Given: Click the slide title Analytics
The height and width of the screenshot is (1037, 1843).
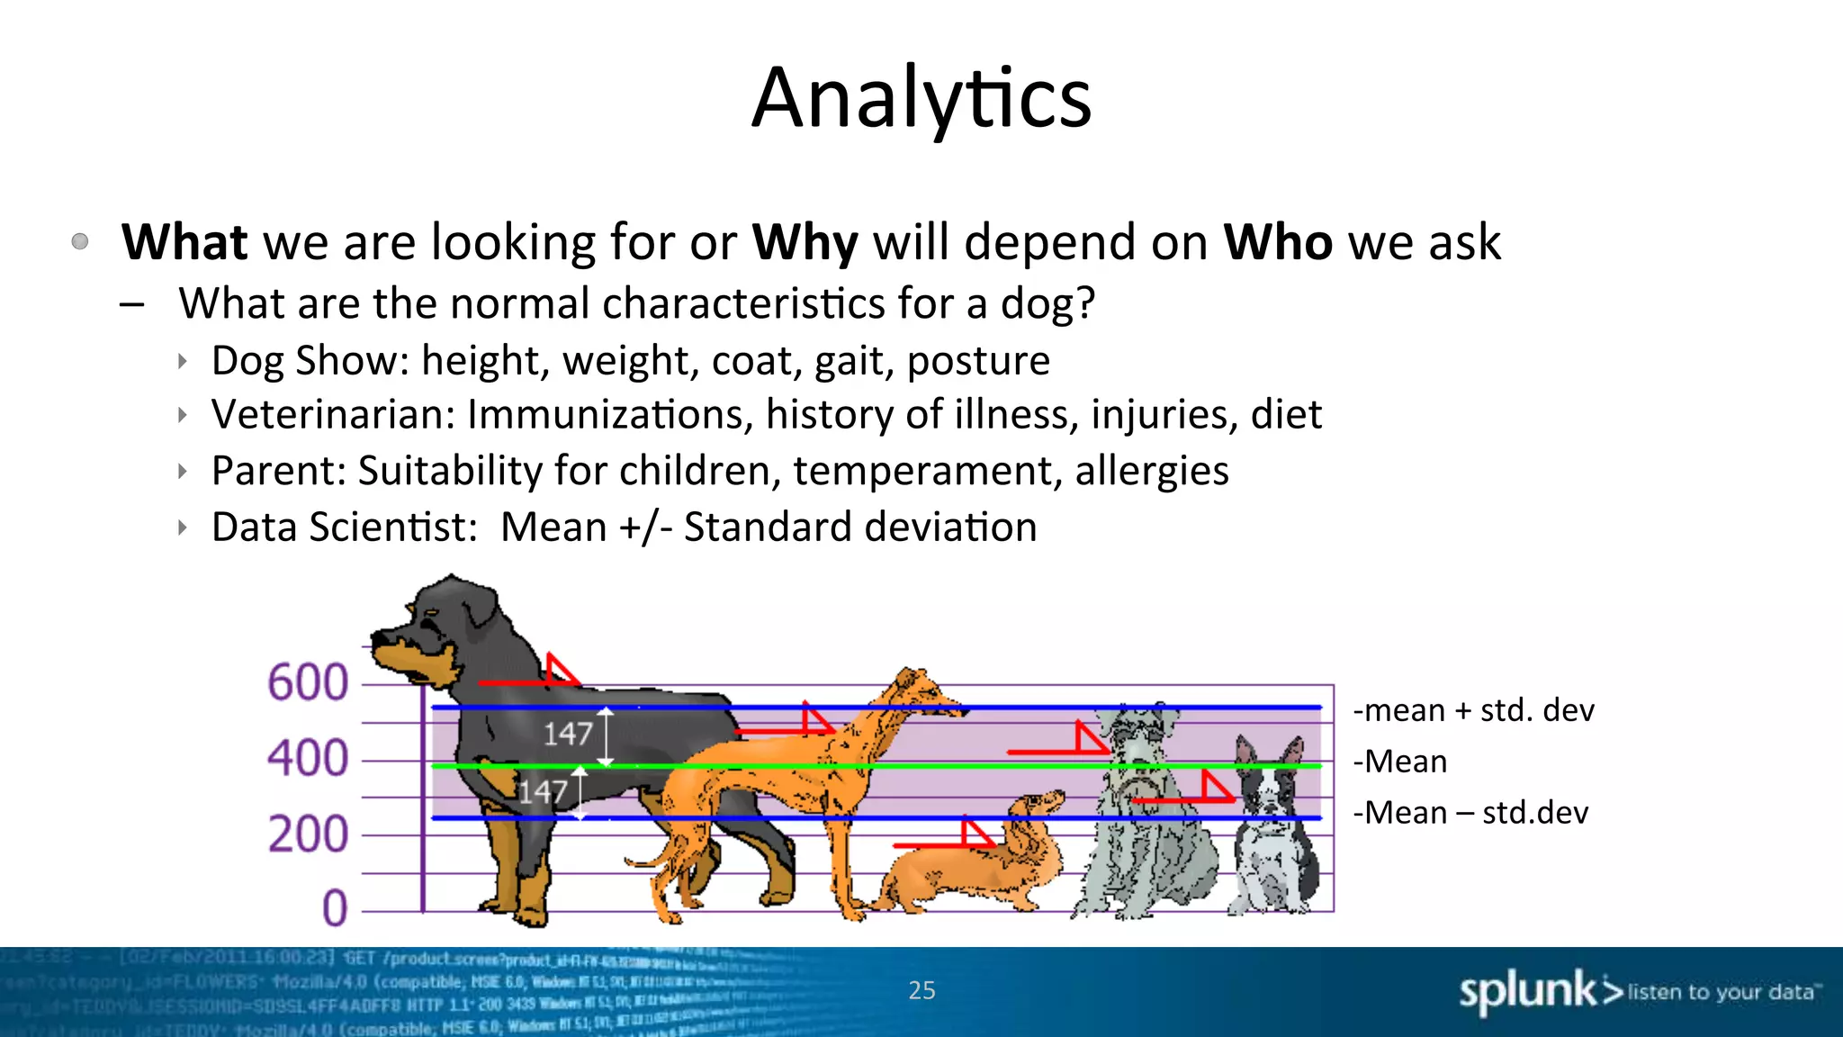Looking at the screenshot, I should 921,99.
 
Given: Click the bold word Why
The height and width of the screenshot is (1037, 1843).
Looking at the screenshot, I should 805,242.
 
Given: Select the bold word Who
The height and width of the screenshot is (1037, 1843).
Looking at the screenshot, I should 1277,242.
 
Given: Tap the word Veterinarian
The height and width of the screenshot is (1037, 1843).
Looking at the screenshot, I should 333,415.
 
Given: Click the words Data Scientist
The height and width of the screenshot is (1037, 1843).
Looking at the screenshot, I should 344,528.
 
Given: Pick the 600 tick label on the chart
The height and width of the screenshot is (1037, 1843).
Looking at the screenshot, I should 308,682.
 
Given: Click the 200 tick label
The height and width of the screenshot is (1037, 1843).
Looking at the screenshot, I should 308,834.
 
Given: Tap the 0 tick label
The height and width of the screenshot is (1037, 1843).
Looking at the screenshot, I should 335,908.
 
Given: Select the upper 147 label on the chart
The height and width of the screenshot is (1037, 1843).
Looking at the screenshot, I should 568,734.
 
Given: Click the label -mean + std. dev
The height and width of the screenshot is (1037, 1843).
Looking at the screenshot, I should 1473,711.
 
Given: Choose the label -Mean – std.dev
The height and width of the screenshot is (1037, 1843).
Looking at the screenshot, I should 1470,813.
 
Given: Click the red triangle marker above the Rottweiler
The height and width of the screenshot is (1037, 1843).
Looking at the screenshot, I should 560,671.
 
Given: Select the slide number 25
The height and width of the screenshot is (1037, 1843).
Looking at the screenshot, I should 921,991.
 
